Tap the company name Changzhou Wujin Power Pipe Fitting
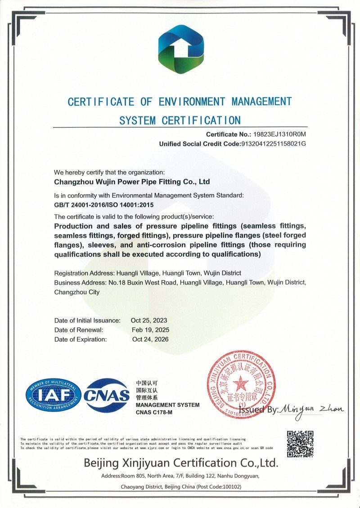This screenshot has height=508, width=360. pyautogui.click(x=132, y=182)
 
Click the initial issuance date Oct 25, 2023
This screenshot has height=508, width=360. pyautogui.click(x=149, y=321)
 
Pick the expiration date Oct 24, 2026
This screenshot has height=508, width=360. pyautogui.click(x=150, y=339)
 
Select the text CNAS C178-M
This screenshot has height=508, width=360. pyautogui.click(x=154, y=413)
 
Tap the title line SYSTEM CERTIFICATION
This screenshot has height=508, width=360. pyautogui.click(x=180, y=120)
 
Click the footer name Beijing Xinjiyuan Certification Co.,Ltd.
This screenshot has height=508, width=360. pyautogui.click(x=181, y=463)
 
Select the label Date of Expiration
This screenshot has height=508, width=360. pyautogui.click(x=81, y=339)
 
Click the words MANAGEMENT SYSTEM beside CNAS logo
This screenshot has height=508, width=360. pyautogui.click(x=167, y=405)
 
